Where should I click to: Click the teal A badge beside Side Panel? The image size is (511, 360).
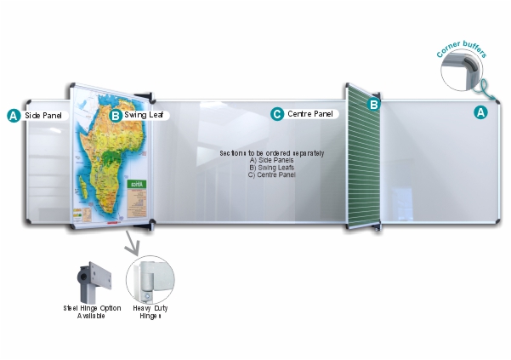click(x=13, y=114)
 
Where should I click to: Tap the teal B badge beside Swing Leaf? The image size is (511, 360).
click(x=116, y=114)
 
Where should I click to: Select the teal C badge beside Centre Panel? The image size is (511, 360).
click(x=276, y=113)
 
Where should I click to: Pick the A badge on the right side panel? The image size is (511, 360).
click(x=480, y=111)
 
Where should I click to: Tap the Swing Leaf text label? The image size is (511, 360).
click(x=144, y=114)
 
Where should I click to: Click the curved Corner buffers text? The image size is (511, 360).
click(x=460, y=43)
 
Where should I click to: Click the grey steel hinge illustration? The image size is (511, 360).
click(x=92, y=277)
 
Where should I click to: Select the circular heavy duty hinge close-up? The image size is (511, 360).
click(x=149, y=278)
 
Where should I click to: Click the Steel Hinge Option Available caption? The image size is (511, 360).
click(x=92, y=311)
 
